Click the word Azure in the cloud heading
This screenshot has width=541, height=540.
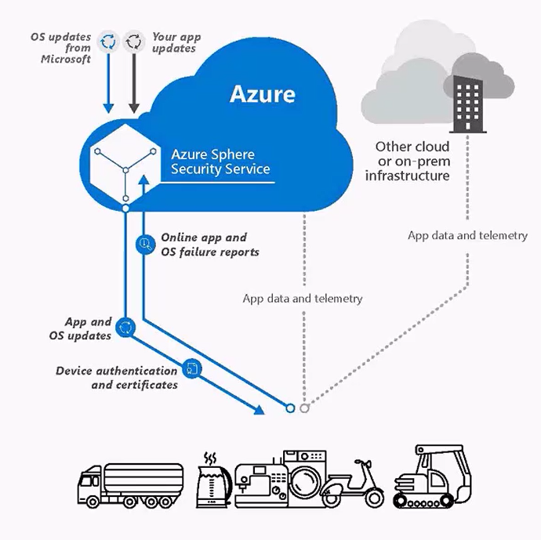[x=262, y=95]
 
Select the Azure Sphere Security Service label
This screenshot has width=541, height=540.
[x=220, y=161]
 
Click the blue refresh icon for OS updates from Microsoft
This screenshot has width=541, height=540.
[x=108, y=42]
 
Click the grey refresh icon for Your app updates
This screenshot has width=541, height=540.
[x=134, y=42]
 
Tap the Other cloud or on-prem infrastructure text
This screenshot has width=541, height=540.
[x=412, y=161]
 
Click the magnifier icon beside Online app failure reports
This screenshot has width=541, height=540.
[x=143, y=244]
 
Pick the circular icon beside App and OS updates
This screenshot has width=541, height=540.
[x=124, y=327]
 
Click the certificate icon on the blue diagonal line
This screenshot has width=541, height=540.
[x=191, y=367]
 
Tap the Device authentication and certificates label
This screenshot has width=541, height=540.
[x=116, y=377]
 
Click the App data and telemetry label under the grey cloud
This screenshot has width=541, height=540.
[x=467, y=235]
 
